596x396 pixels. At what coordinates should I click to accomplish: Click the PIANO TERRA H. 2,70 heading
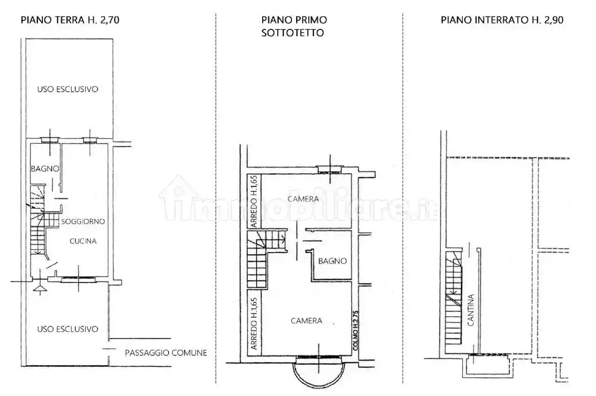[x=70, y=20]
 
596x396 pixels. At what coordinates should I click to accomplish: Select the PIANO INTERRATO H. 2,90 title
[x=502, y=20]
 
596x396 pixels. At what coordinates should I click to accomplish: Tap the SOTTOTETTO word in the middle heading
[x=292, y=33]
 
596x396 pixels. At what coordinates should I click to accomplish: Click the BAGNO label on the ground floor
[x=45, y=169]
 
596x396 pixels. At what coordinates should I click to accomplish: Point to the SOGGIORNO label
[x=83, y=221]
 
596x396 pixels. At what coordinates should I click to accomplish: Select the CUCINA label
[x=83, y=241]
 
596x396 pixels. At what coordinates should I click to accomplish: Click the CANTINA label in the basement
[x=471, y=310]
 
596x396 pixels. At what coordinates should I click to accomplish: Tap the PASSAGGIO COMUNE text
[x=166, y=353]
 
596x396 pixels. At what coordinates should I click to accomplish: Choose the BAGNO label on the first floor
[x=332, y=261]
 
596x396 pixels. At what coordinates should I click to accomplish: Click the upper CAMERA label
[x=303, y=199]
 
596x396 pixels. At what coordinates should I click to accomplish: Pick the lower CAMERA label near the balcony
[x=306, y=321]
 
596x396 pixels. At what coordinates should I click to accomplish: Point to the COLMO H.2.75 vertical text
[x=356, y=330]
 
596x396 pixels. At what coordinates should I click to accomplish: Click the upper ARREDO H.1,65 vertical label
[x=254, y=201]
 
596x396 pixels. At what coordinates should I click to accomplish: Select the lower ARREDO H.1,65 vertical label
[x=254, y=324]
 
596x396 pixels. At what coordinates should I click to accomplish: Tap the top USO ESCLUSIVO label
[x=68, y=89]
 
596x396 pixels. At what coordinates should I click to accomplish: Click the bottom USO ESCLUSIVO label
[x=68, y=329]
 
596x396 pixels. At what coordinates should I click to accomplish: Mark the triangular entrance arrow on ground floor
[x=40, y=288]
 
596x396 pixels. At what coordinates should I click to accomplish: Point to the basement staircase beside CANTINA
[x=454, y=298]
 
